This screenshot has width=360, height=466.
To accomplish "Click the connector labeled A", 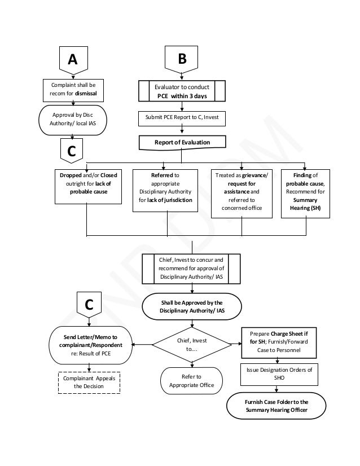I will (73, 61).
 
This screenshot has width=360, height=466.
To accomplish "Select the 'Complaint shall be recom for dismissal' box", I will (73, 89).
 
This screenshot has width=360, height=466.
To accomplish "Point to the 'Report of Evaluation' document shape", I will (182, 143).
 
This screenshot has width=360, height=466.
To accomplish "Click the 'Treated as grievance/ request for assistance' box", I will (242, 192).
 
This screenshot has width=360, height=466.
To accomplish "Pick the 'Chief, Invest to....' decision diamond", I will (192, 344).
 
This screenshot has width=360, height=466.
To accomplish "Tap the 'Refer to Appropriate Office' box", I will (192, 381).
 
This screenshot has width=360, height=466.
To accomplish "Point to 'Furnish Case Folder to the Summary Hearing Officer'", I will (276, 406).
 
